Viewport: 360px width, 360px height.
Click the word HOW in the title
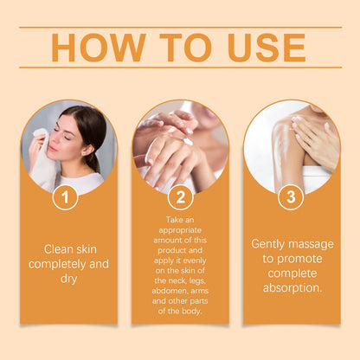pyautogui.click(x=93, y=47)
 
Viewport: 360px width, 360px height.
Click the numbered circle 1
pyautogui.click(x=65, y=197)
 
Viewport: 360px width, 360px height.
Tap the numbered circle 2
pyautogui.click(x=180, y=197)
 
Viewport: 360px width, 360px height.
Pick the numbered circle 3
pyautogui.click(x=291, y=197)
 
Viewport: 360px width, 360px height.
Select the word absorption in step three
pyautogui.click(x=291, y=287)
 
